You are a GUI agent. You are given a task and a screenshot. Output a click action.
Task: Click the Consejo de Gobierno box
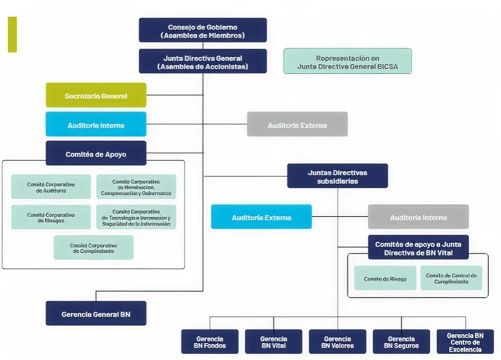click(203, 30)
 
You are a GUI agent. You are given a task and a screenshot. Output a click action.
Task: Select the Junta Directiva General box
click(203, 61)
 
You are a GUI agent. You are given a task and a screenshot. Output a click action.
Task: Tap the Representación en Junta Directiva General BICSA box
click(347, 61)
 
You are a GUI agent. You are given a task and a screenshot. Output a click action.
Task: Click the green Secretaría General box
click(96, 95)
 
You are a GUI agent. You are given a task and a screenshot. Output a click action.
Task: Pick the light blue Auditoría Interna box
click(96, 125)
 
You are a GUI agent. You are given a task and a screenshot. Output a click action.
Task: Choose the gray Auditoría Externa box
click(297, 125)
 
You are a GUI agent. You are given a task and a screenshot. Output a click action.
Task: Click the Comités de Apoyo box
click(96, 153)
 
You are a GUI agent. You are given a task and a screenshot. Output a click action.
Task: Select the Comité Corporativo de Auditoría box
click(51, 187)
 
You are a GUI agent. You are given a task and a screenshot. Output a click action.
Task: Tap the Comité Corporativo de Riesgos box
click(51, 217)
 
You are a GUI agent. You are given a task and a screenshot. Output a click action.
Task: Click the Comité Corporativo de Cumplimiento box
click(93, 248)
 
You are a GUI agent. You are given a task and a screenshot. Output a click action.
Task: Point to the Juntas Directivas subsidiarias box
click(337, 176)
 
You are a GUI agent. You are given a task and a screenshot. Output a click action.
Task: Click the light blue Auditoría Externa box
click(261, 217)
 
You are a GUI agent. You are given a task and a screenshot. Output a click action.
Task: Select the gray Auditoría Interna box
click(418, 217)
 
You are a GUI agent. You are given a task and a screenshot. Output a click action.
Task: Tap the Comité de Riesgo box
click(385, 278)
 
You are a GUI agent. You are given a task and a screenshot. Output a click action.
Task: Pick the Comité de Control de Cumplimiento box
click(451, 278)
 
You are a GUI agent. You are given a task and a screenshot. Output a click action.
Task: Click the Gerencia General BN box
click(96, 314)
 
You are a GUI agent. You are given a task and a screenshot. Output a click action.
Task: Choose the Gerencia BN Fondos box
click(209, 342)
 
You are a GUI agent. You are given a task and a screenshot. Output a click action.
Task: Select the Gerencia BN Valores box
click(337, 342)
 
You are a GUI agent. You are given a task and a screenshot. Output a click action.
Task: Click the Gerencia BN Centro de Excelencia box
click(465, 342)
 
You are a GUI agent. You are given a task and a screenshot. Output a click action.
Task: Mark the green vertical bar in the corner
click(12, 34)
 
